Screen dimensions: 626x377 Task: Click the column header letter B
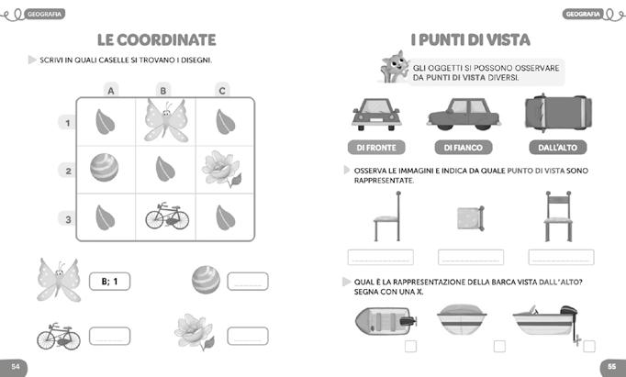click(x=163, y=90)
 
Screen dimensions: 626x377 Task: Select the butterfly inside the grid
click(x=165, y=120)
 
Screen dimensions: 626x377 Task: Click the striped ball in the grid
click(x=104, y=168)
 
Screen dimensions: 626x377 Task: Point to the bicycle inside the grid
click(x=166, y=216)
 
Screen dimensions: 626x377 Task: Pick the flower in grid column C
click(x=220, y=169)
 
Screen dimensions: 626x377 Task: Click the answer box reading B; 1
click(x=110, y=281)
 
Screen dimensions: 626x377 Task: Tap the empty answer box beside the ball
click(x=247, y=282)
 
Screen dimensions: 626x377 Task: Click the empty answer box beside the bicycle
click(x=109, y=336)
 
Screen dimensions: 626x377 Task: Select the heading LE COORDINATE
click(x=156, y=39)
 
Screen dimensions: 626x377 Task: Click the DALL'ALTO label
click(x=558, y=147)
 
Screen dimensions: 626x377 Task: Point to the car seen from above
click(x=556, y=115)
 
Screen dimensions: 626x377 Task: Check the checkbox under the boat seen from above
click(x=410, y=346)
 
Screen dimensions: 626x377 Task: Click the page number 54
click(x=16, y=367)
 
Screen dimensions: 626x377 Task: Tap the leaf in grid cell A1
click(x=105, y=119)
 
